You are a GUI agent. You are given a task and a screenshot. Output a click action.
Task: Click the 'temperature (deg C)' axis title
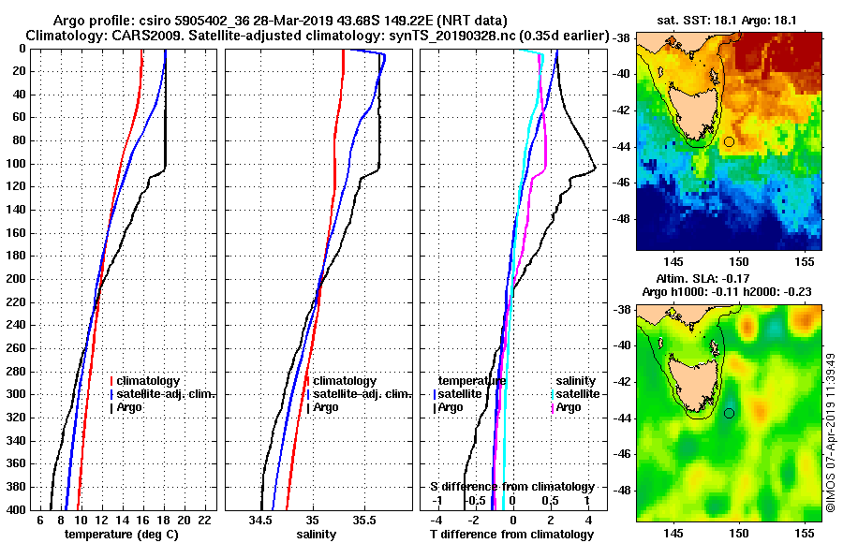121,535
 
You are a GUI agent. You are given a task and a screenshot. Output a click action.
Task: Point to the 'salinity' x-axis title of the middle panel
316,535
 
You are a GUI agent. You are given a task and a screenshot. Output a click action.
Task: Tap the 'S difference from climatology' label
511,487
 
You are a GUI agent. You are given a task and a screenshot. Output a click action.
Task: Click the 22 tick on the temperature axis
205,520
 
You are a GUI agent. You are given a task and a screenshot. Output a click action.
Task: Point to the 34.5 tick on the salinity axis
261,520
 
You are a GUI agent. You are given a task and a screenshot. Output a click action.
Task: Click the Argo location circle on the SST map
729,141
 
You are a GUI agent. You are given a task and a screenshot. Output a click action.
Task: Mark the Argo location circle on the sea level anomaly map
729,413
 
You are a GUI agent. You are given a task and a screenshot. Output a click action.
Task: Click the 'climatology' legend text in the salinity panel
345,381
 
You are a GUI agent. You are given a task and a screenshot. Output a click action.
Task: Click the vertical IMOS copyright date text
831,435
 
